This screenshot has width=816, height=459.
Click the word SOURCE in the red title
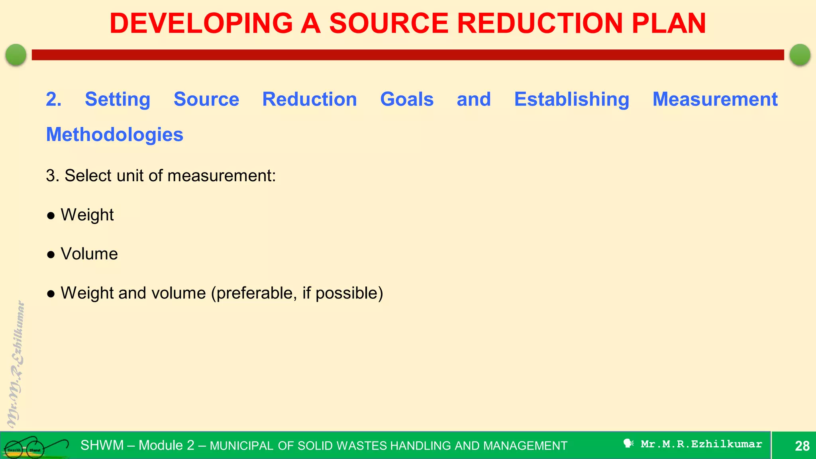pos(389,23)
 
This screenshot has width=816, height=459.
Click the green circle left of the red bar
pos(16,55)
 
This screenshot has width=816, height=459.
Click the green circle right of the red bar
pos(800,55)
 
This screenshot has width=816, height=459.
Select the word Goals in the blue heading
pos(406,99)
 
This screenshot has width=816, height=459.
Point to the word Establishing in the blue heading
pos(571,99)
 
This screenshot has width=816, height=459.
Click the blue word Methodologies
pos(115,135)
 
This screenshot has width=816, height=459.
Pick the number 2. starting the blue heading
pos(53,99)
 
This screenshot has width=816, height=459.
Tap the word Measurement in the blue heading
pos(715,99)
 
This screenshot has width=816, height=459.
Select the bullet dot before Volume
pos(51,255)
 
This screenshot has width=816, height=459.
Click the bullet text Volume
pos(89,254)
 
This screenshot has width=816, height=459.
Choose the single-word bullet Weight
pos(87,215)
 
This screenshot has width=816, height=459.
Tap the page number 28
pos(802,446)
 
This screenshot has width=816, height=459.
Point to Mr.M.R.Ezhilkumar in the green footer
pos(701,444)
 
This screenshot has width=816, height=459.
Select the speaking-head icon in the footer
pos(628,443)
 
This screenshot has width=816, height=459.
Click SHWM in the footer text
pos(102,445)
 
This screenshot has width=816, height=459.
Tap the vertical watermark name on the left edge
pos(16,365)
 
